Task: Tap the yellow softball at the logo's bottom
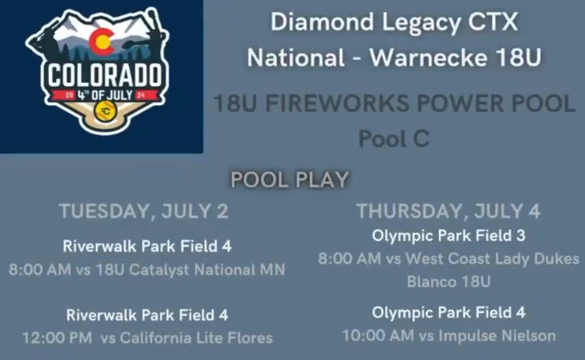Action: (x=106, y=112)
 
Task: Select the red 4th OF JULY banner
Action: (x=105, y=94)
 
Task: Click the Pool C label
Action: (x=394, y=139)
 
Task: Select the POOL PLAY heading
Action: (x=290, y=180)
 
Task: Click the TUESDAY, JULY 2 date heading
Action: (x=144, y=212)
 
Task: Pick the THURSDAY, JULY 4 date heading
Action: (x=448, y=212)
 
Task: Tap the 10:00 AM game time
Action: (x=377, y=336)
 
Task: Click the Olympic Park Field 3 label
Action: (x=448, y=236)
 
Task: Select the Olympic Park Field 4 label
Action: (x=448, y=313)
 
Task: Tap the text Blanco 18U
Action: (x=448, y=282)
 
